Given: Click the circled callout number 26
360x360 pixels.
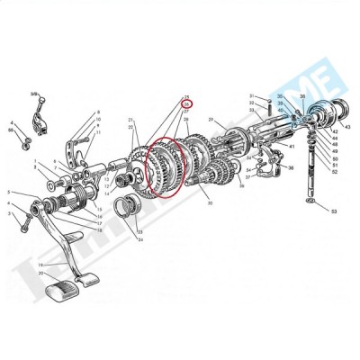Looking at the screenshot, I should click(187, 103).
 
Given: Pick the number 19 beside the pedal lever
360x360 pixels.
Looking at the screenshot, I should click(39, 265).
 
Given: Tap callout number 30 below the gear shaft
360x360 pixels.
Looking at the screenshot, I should click(210, 203).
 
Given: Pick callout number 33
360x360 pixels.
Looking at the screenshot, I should click(253, 110).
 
